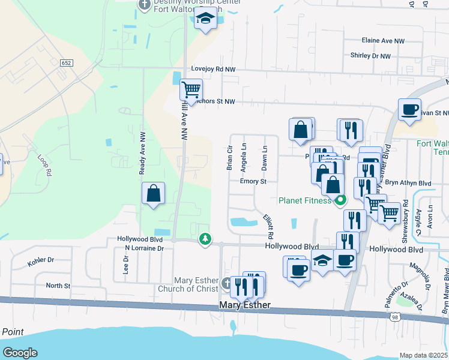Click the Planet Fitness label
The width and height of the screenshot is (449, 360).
tap(304, 200)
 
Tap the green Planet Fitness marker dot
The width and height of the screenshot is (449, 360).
tap(340, 200)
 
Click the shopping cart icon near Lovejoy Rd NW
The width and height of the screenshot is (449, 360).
tap(191, 90)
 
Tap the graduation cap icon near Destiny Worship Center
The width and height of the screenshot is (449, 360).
tap(206, 19)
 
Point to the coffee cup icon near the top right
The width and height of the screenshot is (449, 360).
tap(410, 110)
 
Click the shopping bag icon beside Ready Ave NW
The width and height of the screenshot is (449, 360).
tap(154, 193)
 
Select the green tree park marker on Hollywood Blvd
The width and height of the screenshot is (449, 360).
tap(205, 239)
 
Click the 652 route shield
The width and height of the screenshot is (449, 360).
tap(67, 62)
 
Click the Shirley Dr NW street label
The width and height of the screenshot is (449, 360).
tap(370, 56)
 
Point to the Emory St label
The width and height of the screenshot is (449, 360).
tap(253, 181)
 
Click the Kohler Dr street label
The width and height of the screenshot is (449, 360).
tap(41, 262)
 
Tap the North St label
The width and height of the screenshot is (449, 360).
tap(58, 286)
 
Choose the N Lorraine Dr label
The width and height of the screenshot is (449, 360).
tap(143, 248)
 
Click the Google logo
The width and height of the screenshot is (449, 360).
tap(20, 353)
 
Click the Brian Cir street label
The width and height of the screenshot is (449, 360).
tap(229, 158)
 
